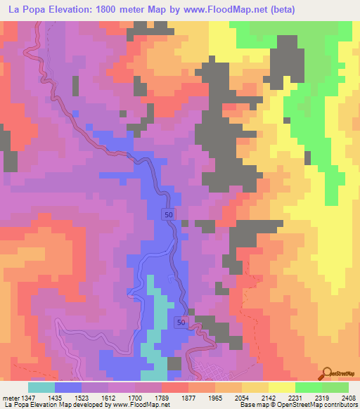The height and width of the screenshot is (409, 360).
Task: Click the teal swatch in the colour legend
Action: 41,387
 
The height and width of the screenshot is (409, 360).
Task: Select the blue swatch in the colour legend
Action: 68,387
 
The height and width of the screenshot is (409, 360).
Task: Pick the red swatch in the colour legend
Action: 174,387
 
